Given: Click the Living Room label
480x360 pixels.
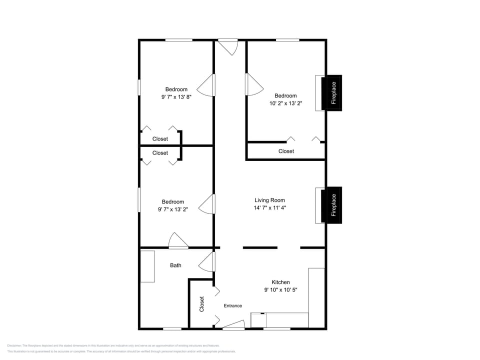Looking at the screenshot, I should [x=270, y=200].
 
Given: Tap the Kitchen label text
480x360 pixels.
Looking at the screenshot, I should [x=280, y=282].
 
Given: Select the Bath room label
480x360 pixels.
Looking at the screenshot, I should [x=175, y=265].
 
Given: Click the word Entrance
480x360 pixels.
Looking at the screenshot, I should [x=232, y=306].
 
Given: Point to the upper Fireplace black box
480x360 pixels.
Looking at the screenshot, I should [x=331, y=92].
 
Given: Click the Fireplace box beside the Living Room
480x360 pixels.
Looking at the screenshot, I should [x=331, y=205].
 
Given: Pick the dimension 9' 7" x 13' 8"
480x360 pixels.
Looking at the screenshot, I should [x=176, y=97].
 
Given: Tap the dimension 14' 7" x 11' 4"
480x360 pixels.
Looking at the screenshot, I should [x=270, y=207].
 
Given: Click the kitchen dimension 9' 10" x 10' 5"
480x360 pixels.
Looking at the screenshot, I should [x=280, y=290].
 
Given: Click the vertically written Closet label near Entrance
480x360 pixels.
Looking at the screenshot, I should [x=202, y=304].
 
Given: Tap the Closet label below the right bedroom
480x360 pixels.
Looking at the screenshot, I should [x=286, y=151].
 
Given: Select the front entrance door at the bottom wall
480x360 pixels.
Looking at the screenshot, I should [x=233, y=325].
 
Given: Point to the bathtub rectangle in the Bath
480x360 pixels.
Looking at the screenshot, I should [x=147, y=266].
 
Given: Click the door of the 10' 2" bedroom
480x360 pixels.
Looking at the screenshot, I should [x=253, y=84].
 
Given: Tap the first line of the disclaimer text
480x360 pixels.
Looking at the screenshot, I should [x=113, y=345].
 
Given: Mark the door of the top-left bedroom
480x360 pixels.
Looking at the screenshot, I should [x=206, y=85].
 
